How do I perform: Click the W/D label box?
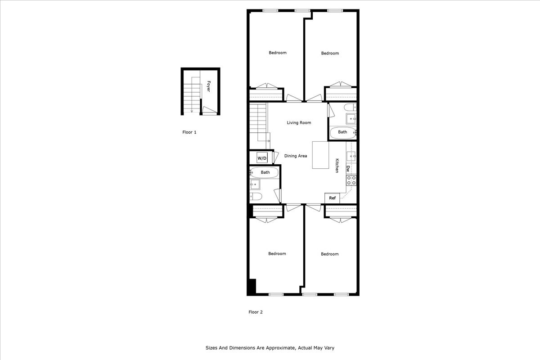tap(262, 158)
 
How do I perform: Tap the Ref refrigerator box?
tap(332, 198)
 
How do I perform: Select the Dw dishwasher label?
tap(348, 169)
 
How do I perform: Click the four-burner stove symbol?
tap(351, 180)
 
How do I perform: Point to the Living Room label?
tap(299, 122)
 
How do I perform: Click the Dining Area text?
tap(296, 156)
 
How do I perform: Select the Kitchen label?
tap(337, 166)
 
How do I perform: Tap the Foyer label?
tap(209, 86)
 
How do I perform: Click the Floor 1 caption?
tap(189, 132)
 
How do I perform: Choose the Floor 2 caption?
tap(255, 312)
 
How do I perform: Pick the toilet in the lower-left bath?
tap(256, 196)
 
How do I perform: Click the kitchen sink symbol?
tap(351, 156)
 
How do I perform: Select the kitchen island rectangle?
tap(321, 155)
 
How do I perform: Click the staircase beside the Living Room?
tap(259, 121)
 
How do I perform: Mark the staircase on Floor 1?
tap(191, 94)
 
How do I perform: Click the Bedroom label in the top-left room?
tap(277, 53)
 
